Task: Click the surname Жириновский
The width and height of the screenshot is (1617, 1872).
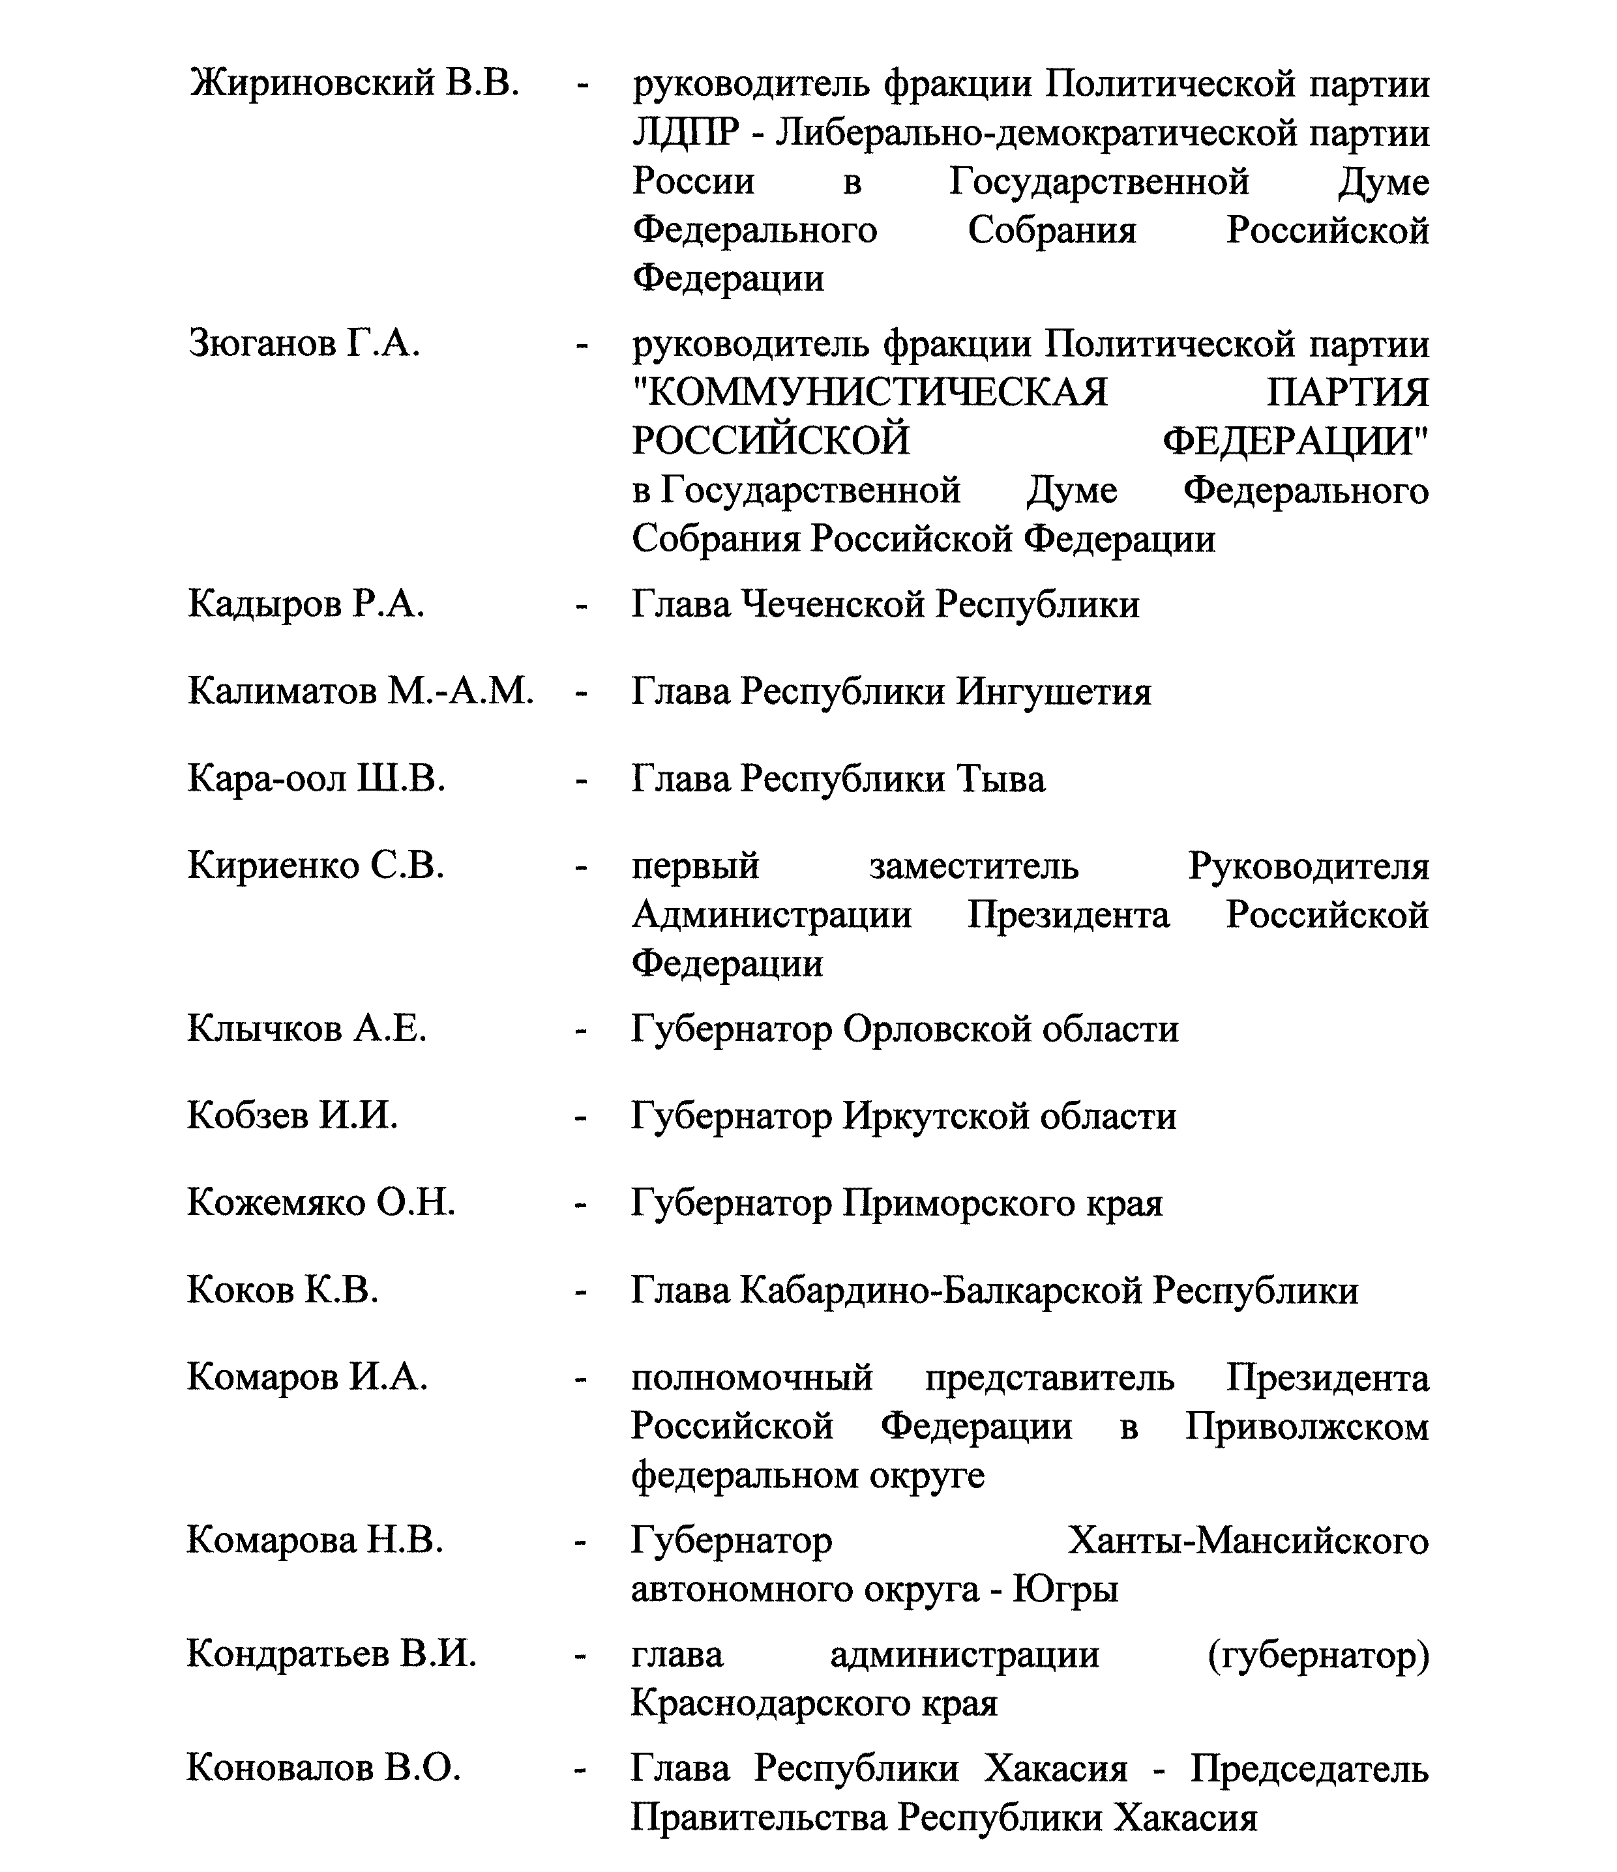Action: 312,84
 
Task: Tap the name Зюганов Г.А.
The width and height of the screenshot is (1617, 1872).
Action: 304,344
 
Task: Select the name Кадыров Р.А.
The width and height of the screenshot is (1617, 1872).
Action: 306,604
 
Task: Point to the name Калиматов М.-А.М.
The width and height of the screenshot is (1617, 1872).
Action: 361,691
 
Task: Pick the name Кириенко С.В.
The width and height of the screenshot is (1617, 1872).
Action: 316,866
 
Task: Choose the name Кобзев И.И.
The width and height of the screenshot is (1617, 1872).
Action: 292,1116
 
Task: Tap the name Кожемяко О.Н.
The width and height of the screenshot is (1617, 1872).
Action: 321,1203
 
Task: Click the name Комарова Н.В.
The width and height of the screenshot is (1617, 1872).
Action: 314,1540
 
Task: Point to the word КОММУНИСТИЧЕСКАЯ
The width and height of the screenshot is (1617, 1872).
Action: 870,394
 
